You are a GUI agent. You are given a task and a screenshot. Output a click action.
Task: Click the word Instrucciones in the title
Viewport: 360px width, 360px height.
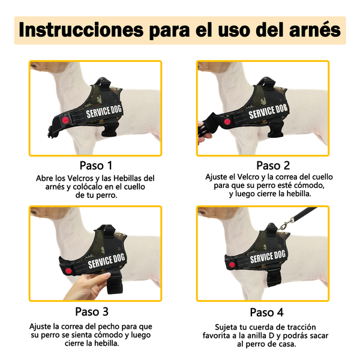click(x=81, y=30)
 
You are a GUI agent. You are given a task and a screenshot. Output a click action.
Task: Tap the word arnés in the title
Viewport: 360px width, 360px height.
click(x=315, y=30)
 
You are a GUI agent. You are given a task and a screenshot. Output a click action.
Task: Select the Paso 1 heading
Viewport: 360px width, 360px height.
click(x=96, y=166)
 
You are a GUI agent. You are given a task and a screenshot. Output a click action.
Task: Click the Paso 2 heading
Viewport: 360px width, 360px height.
click(x=273, y=166)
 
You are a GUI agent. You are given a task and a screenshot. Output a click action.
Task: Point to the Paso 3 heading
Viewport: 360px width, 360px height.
click(x=92, y=311)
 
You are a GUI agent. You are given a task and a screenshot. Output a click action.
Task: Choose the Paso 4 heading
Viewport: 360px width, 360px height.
click(x=267, y=312)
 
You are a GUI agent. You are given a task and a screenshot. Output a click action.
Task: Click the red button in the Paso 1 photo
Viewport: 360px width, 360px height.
click(x=65, y=120)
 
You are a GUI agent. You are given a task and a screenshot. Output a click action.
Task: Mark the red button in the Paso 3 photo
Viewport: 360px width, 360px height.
click(x=68, y=271)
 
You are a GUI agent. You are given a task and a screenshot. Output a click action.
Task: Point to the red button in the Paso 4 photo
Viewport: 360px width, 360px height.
click(x=232, y=265)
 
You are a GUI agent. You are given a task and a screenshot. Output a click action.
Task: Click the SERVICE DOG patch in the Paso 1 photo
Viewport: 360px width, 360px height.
click(x=104, y=112)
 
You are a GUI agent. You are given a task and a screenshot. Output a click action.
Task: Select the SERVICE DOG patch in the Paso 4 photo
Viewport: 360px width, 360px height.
click(x=268, y=256)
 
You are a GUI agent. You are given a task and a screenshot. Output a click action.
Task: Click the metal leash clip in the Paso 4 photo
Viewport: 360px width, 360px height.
click(x=286, y=224)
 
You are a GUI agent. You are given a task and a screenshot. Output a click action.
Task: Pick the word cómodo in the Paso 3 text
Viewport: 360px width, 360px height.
click(x=109, y=335)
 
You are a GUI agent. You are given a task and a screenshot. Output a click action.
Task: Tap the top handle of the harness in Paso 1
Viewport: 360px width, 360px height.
click(x=104, y=82)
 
